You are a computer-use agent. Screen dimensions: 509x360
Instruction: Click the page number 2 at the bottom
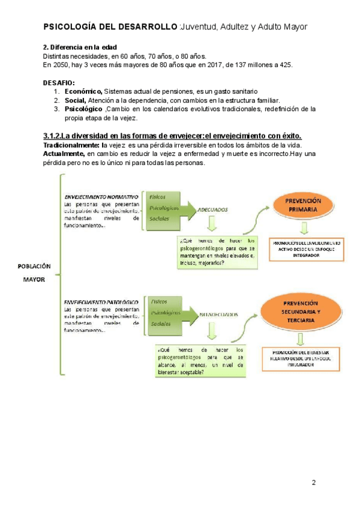[x=313, y=483]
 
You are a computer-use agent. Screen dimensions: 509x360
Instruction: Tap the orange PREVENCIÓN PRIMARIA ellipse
[x=304, y=204]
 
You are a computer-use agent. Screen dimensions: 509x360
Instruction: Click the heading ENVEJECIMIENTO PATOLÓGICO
[x=101, y=301]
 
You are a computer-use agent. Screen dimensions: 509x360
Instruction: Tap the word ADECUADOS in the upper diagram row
[x=213, y=209]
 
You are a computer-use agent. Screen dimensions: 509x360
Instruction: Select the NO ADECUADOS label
[x=218, y=314]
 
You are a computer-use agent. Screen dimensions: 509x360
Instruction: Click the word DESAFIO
[x=59, y=82]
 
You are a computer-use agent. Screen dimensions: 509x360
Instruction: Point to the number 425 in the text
[x=284, y=64]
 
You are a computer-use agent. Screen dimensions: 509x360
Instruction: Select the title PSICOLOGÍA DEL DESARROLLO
[x=111, y=28]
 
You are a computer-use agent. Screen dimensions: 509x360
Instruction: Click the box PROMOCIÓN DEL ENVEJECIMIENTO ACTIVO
[x=306, y=248]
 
